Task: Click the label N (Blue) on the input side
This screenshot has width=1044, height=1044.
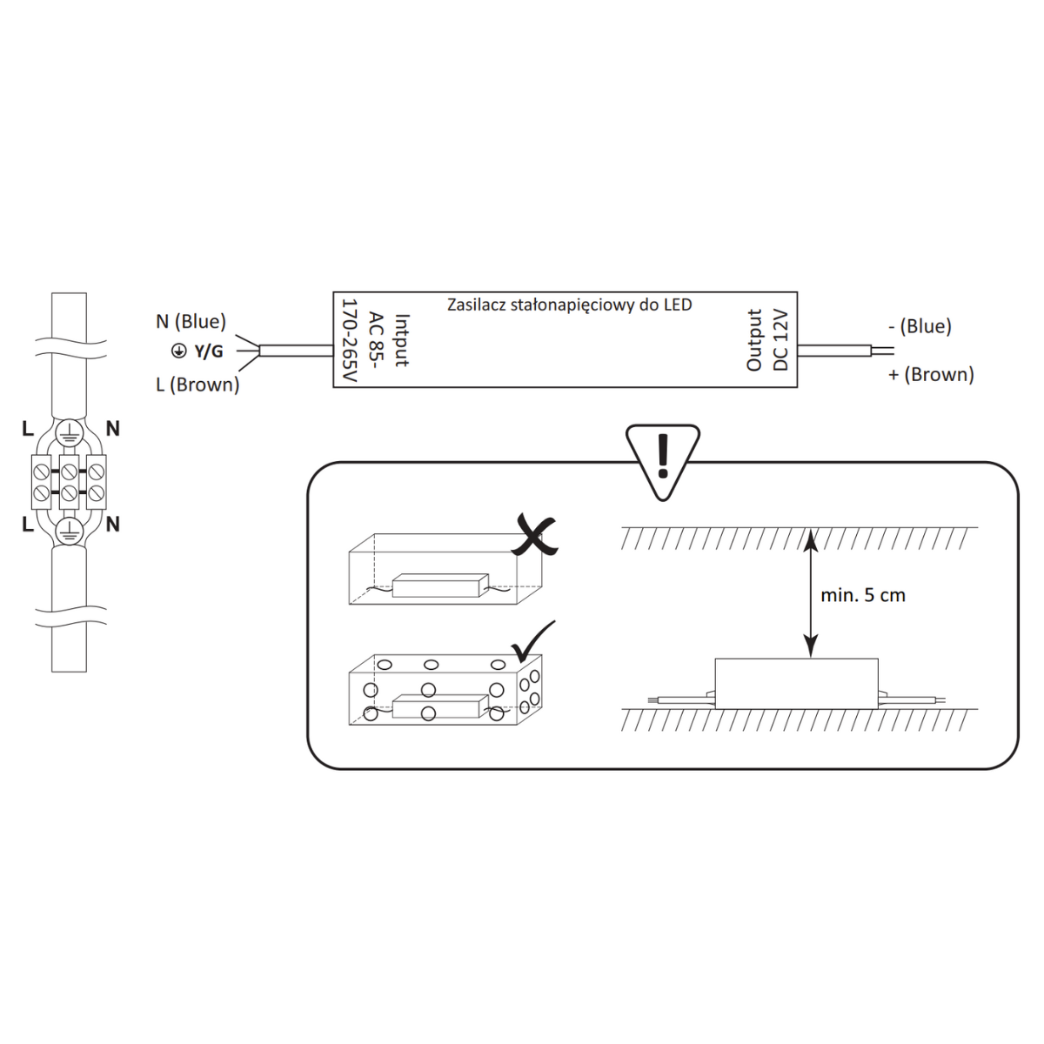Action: point(191,322)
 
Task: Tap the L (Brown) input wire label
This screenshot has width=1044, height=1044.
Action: point(197,385)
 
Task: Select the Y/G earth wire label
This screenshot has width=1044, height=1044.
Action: point(208,351)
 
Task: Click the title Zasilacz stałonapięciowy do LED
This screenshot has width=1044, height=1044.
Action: point(569,304)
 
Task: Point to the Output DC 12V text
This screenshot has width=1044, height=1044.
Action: point(767,339)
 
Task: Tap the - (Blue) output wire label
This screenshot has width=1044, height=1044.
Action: point(920,326)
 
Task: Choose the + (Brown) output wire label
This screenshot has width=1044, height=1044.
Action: point(931,374)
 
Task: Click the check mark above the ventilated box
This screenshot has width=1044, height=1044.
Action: point(533,641)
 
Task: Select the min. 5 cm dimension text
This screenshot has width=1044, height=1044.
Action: point(863,596)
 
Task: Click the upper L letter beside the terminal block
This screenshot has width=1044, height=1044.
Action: point(28,429)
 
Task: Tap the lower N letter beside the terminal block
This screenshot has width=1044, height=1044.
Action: point(112,525)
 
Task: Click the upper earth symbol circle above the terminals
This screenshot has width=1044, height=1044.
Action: point(70,432)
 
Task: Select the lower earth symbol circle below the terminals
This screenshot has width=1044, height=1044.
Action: point(70,531)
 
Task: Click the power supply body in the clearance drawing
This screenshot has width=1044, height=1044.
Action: point(796,682)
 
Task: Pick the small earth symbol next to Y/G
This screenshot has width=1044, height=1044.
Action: point(178,351)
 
